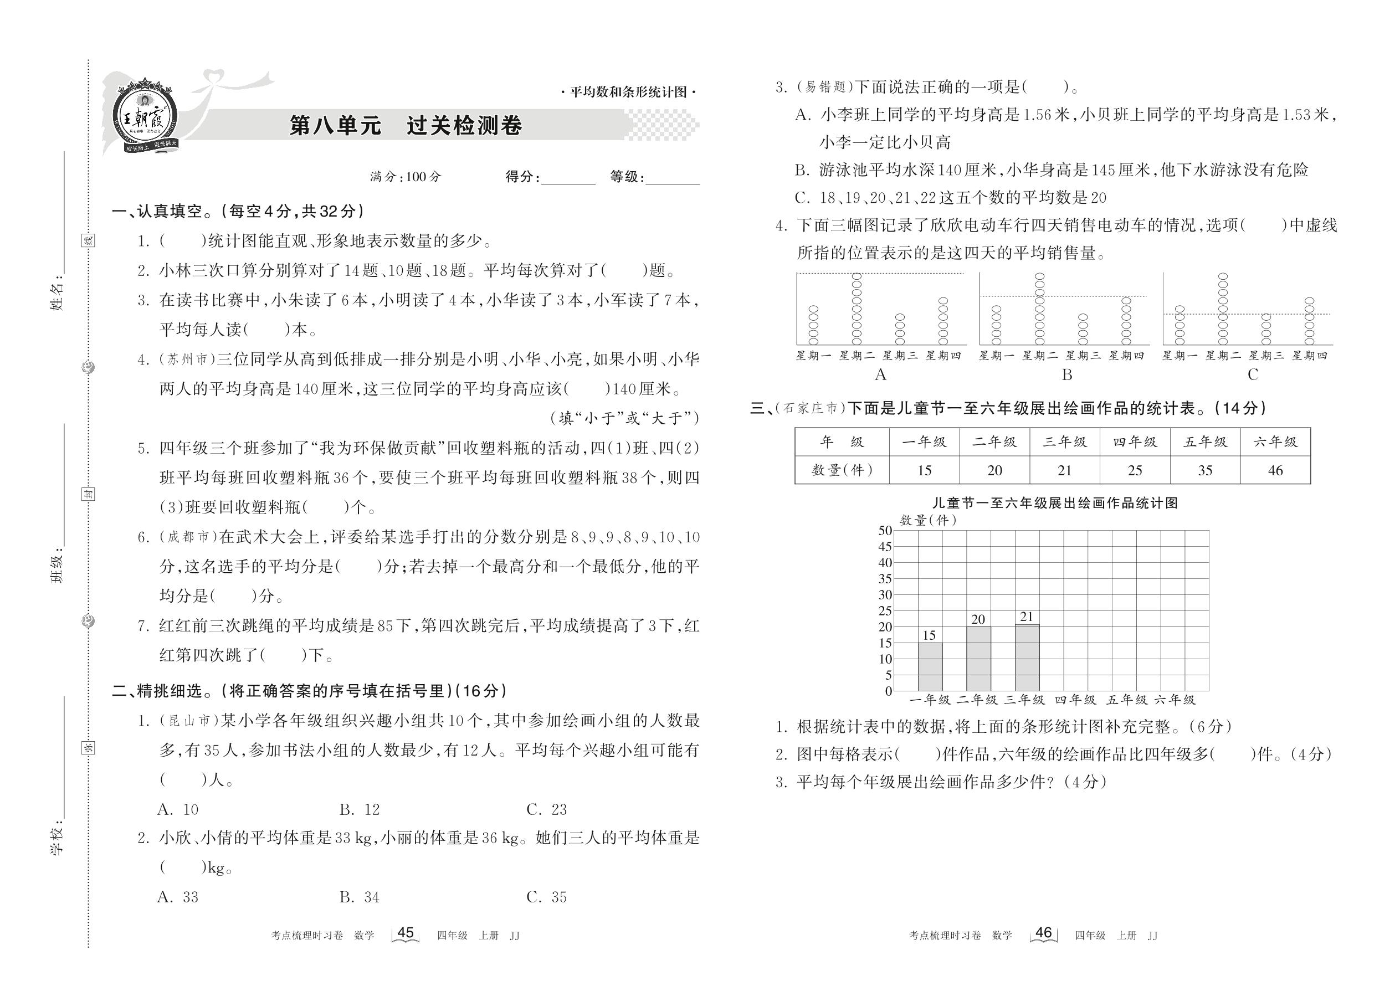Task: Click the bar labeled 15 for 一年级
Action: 930,666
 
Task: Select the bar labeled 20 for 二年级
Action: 978,659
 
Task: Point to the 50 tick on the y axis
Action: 885,530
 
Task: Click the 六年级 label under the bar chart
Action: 1175,700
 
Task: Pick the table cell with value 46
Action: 1275,470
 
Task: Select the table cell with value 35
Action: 1204,470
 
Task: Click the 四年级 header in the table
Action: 1135,442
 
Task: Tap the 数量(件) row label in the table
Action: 842,470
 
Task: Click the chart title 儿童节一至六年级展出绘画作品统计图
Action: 1055,503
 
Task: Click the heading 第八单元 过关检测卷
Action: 406,126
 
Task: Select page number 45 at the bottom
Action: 405,933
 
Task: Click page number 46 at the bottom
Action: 1044,933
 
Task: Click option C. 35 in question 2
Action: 546,897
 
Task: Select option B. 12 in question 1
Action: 360,810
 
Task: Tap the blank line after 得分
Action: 567,178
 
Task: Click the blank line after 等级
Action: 673,178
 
